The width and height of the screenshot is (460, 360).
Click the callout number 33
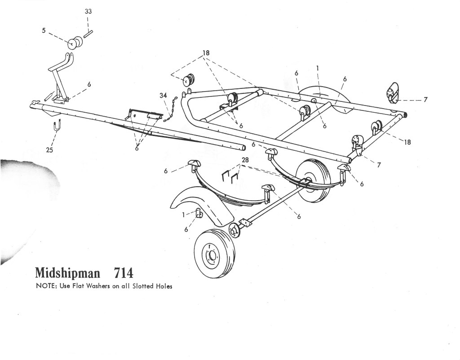pyautogui.click(x=88, y=11)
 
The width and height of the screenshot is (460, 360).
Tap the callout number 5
pyautogui.click(x=44, y=30)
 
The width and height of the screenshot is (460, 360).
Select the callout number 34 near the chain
pyautogui.click(x=164, y=95)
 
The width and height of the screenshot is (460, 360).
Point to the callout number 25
pyautogui.click(x=49, y=150)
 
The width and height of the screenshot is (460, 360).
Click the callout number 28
pyautogui.click(x=245, y=160)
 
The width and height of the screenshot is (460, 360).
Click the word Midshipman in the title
pyautogui.click(x=67, y=273)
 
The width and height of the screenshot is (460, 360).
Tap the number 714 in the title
pyautogui.click(x=123, y=273)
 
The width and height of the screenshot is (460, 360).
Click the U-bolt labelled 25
pyautogui.click(x=57, y=127)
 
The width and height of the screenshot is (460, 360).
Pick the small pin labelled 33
pyautogui.click(x=88, y=34)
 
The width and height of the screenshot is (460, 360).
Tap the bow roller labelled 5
pyautogui.click(x=75, y=43)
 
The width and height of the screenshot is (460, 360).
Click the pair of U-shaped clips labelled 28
pyautogui.click(x=230, y=178)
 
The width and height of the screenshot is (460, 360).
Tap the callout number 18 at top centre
pyautogui.click(x=206, y=53)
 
